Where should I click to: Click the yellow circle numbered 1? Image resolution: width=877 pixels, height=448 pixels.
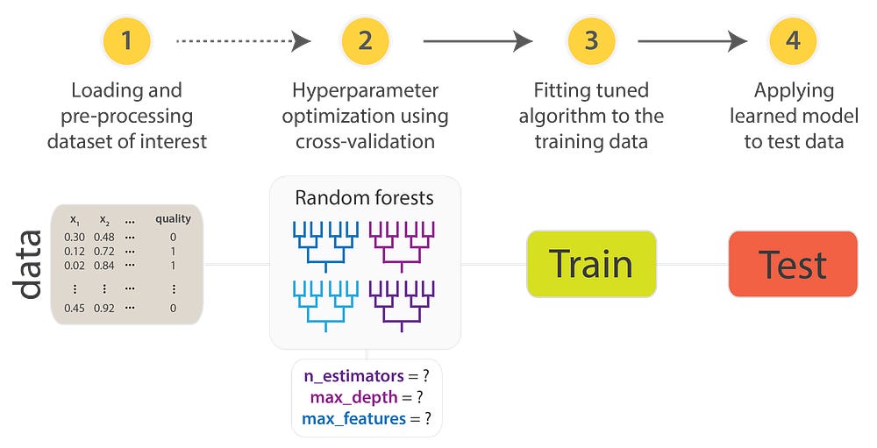[127, 41]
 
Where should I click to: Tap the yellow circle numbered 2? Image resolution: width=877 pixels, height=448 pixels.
[364, 41]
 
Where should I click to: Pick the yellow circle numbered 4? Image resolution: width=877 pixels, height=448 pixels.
[793, 41]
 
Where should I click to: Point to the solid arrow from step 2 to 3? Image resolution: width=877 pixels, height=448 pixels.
[477, 41]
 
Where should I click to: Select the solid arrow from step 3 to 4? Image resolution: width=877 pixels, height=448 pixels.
[692, 41]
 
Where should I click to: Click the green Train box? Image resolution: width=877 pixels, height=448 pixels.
[591, 263]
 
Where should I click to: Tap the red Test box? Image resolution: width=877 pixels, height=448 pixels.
[793, 263]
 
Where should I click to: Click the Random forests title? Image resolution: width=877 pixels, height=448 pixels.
[364, 198]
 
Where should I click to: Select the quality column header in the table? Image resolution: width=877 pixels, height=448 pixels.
[173, 219]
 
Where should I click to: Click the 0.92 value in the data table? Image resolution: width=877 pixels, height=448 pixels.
[103, 308]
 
